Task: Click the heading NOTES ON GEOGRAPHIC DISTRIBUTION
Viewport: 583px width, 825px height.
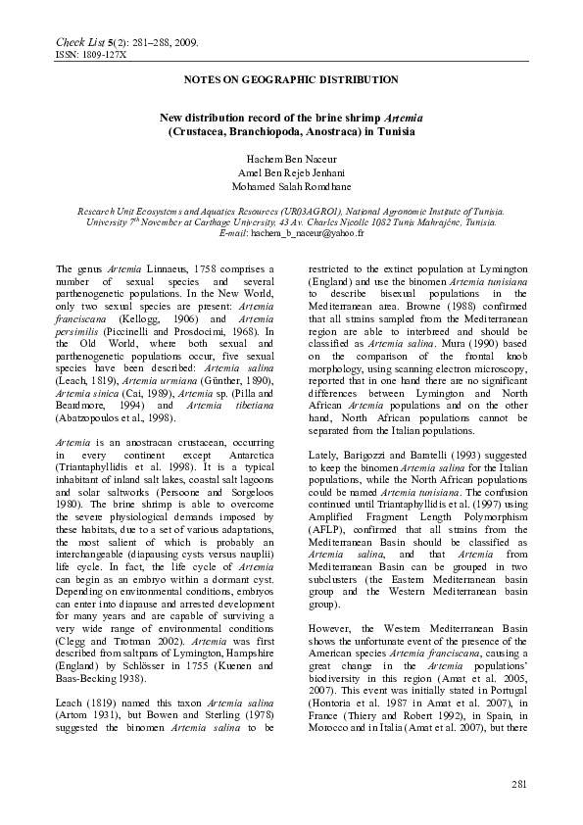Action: point(291,79)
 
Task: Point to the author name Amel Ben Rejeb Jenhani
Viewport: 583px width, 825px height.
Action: point(291,171)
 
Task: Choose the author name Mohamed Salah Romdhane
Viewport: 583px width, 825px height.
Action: point(291,186)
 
